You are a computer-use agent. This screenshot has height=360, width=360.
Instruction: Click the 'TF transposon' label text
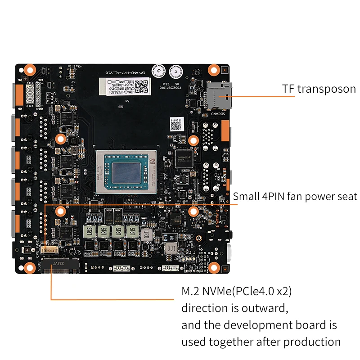click(319, 89)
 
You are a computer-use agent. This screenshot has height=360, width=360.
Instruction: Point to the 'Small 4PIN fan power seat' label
click(295, 196)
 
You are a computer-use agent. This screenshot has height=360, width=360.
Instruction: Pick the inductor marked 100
click(171, 248)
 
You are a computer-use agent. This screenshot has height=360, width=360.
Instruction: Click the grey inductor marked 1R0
click(146, 234)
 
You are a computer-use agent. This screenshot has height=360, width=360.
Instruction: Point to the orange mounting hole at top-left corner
click(30, 70)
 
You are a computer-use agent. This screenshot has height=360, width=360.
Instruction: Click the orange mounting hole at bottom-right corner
click(215, 269)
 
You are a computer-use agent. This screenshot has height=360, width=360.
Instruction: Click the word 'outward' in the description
click(265, 308)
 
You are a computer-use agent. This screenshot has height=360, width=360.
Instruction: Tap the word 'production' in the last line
click(311, 341)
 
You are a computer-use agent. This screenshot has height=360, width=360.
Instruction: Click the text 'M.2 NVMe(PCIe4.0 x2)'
click(237, 292)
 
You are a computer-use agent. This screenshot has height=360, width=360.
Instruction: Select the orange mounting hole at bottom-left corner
click(30, 268)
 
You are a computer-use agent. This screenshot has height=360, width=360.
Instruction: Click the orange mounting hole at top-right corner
click(215, 70)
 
